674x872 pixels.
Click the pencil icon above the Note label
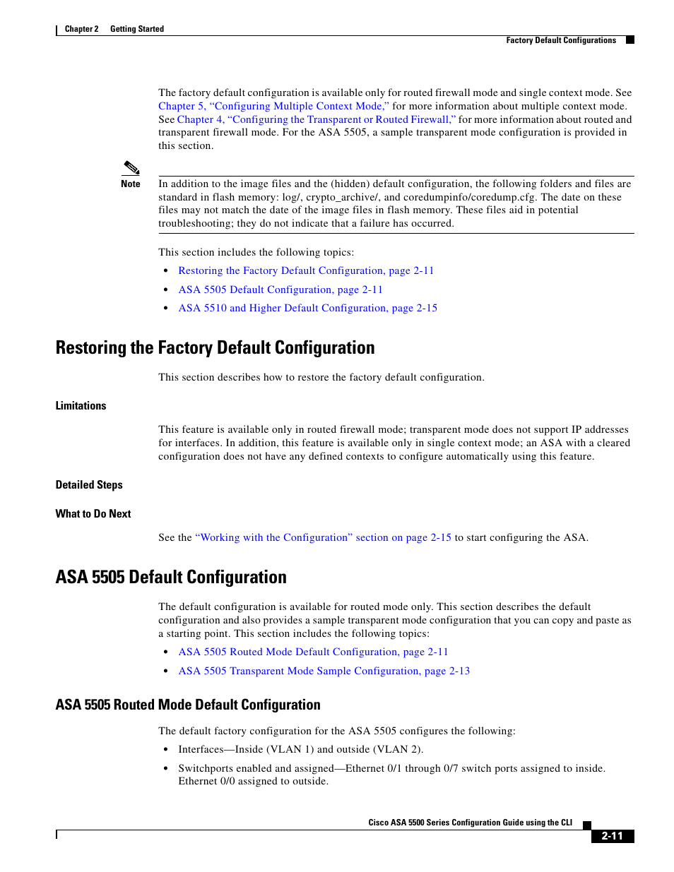pyautogui.click(x=131, y=168)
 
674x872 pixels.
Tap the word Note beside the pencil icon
pyautogui.click(x=131, y=184)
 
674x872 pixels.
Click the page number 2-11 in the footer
pyautogui.click(x=612, y=836)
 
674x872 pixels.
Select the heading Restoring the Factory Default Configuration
pyautogui.click(x=215, y=348)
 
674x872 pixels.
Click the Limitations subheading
pyautogui.click(x=81, y=406)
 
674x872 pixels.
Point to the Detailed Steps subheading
pyautogui.click(x=89, y=485)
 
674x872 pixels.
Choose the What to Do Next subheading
pyautogui.click(x=93, y=514)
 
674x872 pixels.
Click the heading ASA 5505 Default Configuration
pyautogui.click(x=171, y=578)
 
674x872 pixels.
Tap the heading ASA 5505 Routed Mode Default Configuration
pyautogui.click(x=188, y=705)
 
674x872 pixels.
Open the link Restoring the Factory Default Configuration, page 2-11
pyautogui.click(x=305, y=270)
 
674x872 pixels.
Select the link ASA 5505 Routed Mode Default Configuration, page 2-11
pyautogui.click(x=313, y=652)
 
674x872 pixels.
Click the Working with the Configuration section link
pyautogui.click(x=323, y=537)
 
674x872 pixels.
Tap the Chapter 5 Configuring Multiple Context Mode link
pyautogui.click(x=273, y=106)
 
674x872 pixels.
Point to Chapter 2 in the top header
pyautogui.click(x=81, y=29)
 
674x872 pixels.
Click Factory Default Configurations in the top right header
pyautogui.click(x=561, y=40)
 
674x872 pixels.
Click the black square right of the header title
pyautogui.click(x=630, y=40)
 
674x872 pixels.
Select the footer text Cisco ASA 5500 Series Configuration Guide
pyautogui.click(x=470, y=823)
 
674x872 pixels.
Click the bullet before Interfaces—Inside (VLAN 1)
pyautogui.click(x=165, y=750)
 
